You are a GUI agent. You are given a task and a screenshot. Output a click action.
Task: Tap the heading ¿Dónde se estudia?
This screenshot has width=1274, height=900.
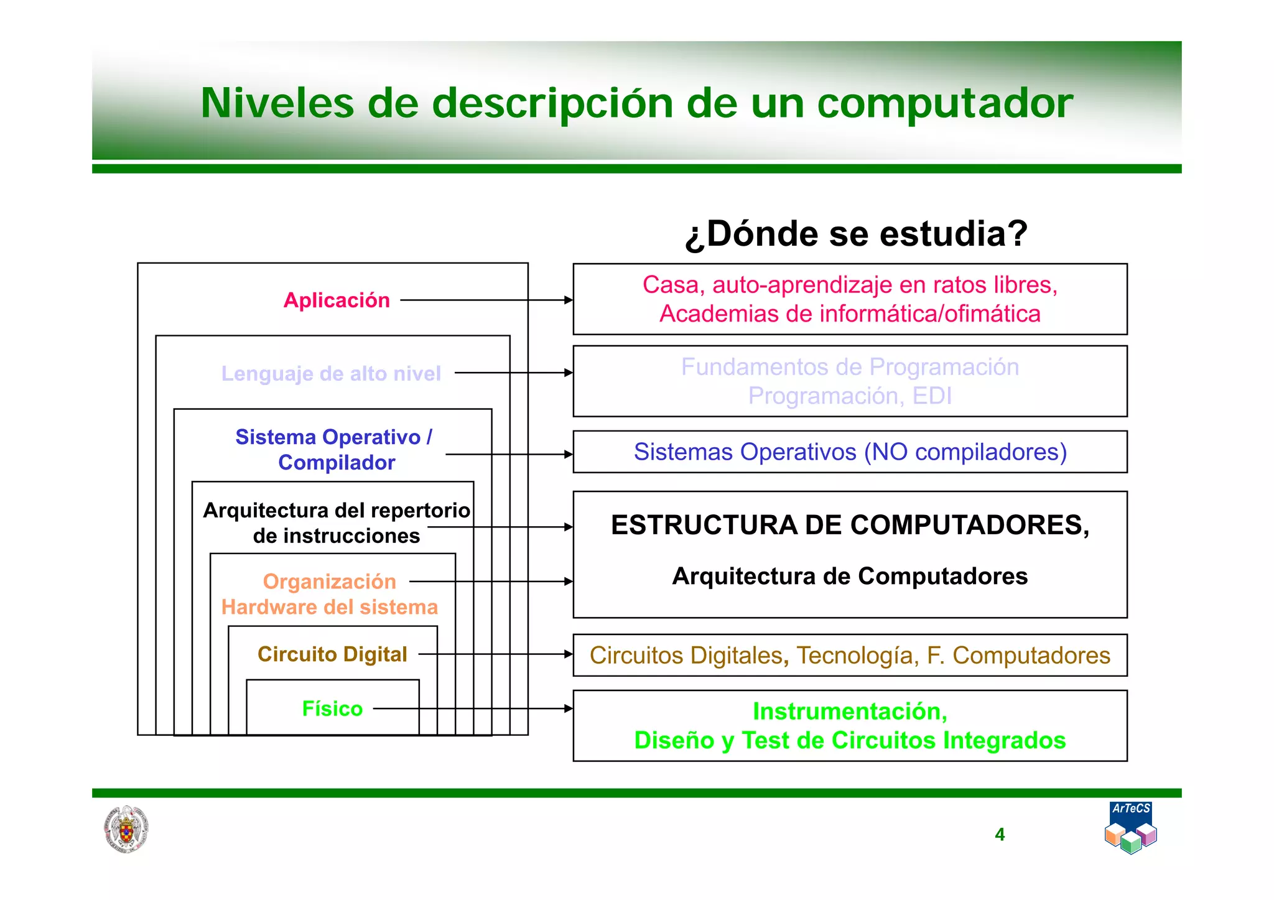(856, 234)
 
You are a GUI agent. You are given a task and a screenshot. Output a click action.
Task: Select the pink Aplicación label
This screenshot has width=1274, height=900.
(337, 300)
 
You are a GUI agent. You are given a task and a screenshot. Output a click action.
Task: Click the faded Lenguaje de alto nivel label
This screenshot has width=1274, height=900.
(331, 373)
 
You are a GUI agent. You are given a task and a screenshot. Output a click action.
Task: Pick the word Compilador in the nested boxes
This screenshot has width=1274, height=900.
(337, 463)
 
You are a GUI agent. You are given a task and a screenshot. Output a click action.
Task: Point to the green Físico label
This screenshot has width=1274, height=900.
(332, 708)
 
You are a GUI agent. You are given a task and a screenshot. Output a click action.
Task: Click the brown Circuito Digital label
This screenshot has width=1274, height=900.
(332, 654)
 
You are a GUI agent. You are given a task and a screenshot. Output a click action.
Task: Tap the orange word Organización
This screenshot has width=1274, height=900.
(329, 582)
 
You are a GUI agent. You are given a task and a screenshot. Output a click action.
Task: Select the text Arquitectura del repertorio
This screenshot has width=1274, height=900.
(337, 511)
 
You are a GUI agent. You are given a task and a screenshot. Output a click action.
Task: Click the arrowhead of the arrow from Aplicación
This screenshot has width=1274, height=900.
(568, 300)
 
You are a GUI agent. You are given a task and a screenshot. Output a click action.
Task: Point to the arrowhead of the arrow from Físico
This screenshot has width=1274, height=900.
(568, 708)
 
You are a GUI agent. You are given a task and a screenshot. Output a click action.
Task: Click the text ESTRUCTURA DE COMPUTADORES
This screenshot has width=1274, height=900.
(850, 526)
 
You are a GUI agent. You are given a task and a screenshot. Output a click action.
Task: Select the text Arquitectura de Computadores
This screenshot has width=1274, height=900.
(850, 577)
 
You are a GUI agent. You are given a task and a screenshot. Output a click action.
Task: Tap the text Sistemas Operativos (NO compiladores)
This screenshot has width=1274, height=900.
(850, 452)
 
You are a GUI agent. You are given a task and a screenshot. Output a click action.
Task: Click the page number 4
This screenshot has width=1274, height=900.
(1000, 835)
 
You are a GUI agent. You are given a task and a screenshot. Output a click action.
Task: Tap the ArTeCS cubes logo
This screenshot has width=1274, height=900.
(1131, 828)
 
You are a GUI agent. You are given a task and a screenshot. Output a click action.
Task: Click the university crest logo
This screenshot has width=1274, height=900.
(126, 829)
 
